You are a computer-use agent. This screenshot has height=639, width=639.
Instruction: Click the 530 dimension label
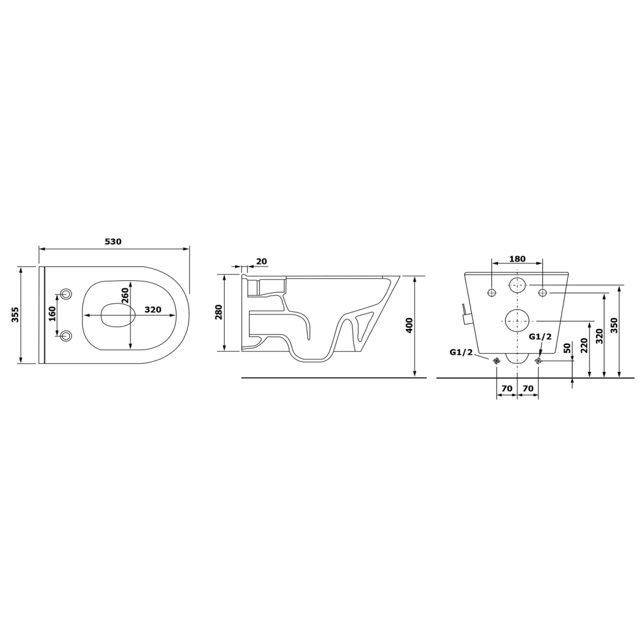(113, 241)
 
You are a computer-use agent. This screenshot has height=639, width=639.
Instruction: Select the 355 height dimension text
(15, 315)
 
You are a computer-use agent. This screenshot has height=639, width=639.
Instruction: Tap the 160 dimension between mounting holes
(52, 313)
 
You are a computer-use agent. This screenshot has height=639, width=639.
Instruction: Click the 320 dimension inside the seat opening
(154, 310)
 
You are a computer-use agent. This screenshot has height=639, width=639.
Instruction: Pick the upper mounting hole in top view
(66, 294)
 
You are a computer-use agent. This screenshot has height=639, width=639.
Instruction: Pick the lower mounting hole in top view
(66, 335)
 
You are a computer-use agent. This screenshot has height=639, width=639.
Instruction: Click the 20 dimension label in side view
(261, 261)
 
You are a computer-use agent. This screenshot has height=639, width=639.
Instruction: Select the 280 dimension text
(219, 312)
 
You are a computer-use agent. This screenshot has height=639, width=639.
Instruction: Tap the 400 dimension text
(409, 325)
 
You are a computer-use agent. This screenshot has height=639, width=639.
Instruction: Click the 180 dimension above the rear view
(517, 259)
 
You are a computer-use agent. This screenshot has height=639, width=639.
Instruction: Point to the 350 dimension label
(614, 325)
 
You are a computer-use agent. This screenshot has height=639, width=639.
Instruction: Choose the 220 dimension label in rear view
(585, 345)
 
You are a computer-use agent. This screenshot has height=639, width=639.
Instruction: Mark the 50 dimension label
(567, 349)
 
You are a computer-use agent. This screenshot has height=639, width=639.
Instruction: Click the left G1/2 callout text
(461, 352)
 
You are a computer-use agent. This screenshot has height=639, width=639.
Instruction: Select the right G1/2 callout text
(540, 337)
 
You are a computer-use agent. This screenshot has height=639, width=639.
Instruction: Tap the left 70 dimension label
(507, 388)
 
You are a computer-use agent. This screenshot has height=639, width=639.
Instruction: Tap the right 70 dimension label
(528, 388)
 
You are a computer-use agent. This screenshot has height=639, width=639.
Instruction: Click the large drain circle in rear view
(517, 320)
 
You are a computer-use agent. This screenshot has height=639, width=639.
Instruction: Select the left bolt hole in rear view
(492, 292)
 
